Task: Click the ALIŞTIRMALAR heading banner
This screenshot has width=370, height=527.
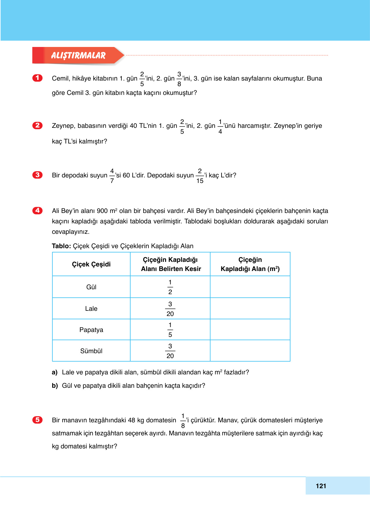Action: pyautogui.click(x=78, y=55)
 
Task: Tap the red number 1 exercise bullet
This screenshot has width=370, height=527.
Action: pyautogui.click(x=38, y=78)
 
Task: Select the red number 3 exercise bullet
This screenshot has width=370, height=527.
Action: pyautogui.click(x=38, y=175)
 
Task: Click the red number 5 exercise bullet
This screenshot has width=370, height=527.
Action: pyautogui.click(x=38, y=420)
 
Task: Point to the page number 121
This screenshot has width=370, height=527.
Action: pyautogui.click(x=321, y=486)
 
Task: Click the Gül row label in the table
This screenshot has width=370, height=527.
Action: pyautogui.click(x=91, y=287)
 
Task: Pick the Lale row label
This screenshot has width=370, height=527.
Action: pyautogui.click(x=91, y=309)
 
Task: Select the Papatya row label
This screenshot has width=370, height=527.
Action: pyautogui.click(x=91, y=330)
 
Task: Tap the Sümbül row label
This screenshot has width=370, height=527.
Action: pyautogui.click(x=91, y=351)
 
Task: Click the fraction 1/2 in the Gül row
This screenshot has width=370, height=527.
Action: pyautogui.click(x=170, y=287)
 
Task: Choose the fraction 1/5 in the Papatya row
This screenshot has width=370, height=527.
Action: pyautogui.click(x=170, y=330)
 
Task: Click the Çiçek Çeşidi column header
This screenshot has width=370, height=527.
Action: pyautogui.click(x=91, y=264)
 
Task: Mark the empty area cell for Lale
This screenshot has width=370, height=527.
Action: pyautogui.click(x=250, y=309)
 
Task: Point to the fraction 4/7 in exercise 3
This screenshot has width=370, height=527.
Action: pyautogui.click(x=112, y=176)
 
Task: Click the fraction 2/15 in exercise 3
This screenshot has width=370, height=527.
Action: pyautogui.click(x=200, y=176)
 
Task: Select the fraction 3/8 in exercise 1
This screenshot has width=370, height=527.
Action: pyautogui.click(x=179, y=79)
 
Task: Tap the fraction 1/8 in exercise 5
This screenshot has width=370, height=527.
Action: pyautogui.click(x=183, y=421)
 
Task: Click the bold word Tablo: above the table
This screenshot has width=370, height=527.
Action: pyautogui.click(x=61, y=246)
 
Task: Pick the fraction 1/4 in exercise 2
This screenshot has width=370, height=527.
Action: pyautogui.click(x=220, y=127)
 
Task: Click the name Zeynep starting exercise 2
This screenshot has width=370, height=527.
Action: pyautogui.click(x=63, y=126)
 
